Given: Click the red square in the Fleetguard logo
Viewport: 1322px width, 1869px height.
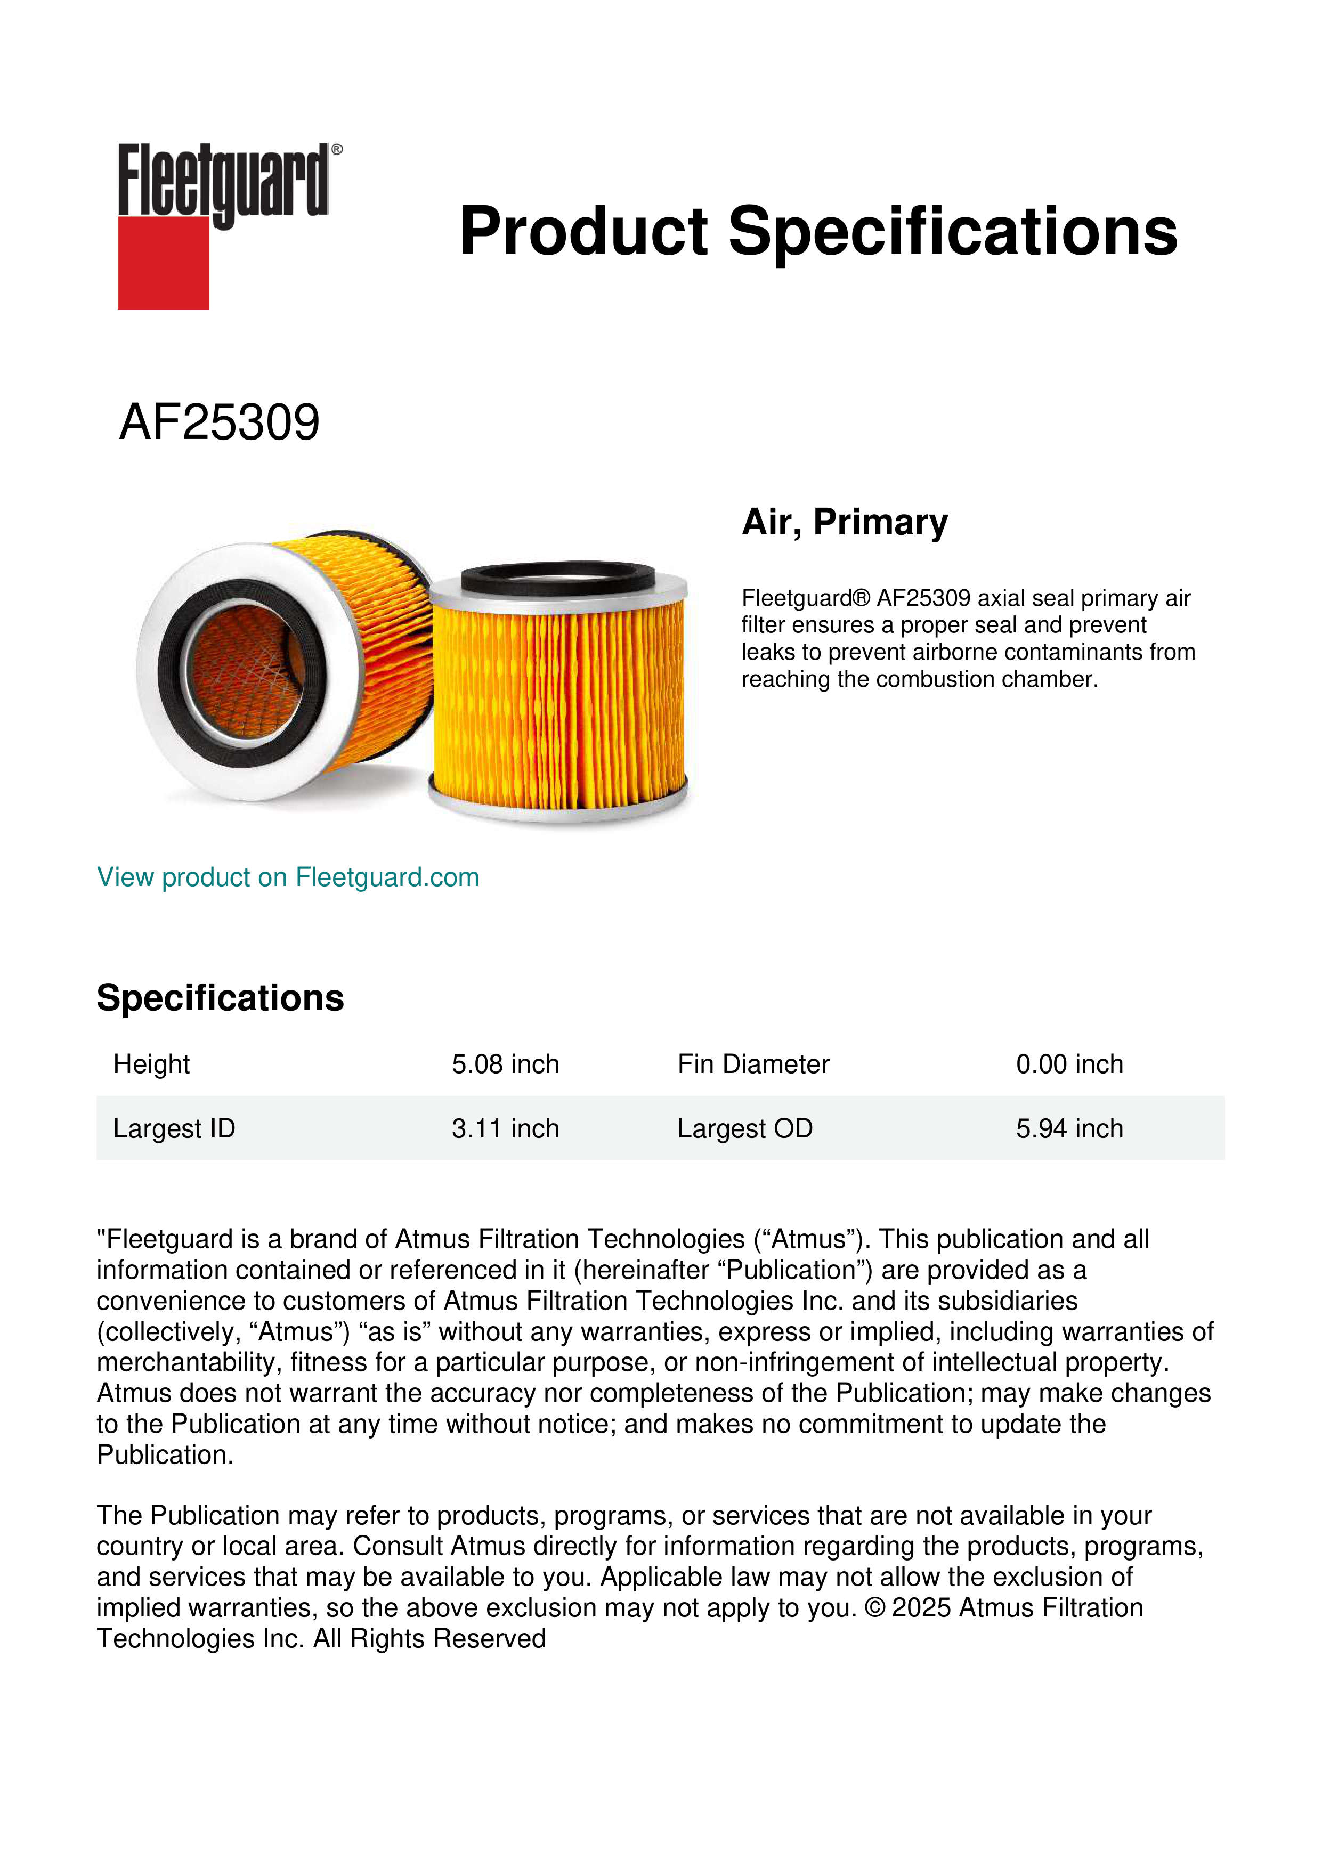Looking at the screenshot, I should point(163,262).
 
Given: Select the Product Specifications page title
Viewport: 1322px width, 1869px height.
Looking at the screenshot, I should point(818,231).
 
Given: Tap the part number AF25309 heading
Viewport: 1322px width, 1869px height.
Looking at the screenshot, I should point(219,422).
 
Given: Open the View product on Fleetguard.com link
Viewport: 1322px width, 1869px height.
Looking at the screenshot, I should point(287,877).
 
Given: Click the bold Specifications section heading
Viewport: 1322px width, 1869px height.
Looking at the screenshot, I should point(220,998).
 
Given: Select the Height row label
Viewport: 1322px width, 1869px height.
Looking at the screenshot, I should point(151,1064).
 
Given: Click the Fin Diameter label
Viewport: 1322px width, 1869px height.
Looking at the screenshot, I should point(753,1064).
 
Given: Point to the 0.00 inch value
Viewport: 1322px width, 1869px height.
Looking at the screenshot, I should point(1069,1064).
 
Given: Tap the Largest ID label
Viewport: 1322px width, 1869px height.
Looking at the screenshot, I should point(174,1128).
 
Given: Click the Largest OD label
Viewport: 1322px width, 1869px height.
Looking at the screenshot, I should point(745,1128).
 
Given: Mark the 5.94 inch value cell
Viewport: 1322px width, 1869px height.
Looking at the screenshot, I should point(1069,1128).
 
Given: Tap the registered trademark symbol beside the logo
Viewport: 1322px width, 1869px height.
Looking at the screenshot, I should point(337,150).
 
